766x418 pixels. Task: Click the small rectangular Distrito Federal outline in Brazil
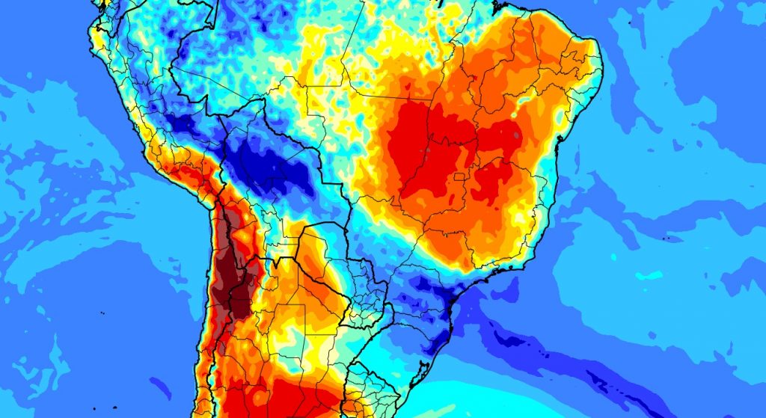point(458,177)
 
